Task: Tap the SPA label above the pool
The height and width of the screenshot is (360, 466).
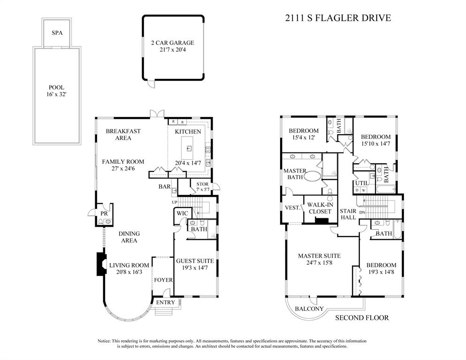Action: tap(57, 33)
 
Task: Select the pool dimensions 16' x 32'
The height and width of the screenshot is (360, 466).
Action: tap(56, 95)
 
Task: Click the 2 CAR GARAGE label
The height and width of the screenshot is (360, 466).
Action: tap(172, 43)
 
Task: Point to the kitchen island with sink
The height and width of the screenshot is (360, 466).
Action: tap(190, 148)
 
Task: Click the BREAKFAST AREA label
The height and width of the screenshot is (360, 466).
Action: tap(123, 135)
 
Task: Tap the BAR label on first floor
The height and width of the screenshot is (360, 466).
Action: tap(164, 187)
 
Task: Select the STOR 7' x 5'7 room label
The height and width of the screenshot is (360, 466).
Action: tap(202, 187)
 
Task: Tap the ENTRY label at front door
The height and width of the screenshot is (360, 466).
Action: tap(165, 302)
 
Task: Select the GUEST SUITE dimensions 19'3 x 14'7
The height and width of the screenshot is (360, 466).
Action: tap(195, 269)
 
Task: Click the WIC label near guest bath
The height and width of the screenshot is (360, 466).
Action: tap(182, 214)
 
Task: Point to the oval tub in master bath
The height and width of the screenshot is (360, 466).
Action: tap(312, 177)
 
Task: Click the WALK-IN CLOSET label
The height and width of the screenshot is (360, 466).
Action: tap(320, 208)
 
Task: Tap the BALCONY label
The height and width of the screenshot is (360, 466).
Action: tap(309, 309)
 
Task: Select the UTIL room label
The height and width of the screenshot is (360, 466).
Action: tap(361, 183)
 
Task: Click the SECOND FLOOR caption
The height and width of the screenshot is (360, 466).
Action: tap(362, 318)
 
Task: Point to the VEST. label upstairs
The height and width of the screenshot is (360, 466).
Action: tap(293, 207)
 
